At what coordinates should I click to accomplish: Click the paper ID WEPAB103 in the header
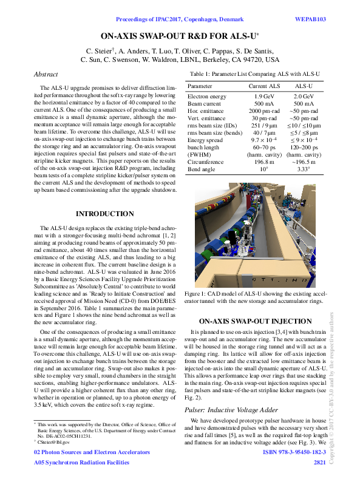(310, 19)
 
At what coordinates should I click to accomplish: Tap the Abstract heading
(46, 74)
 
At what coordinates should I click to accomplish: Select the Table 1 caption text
(254, 74)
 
